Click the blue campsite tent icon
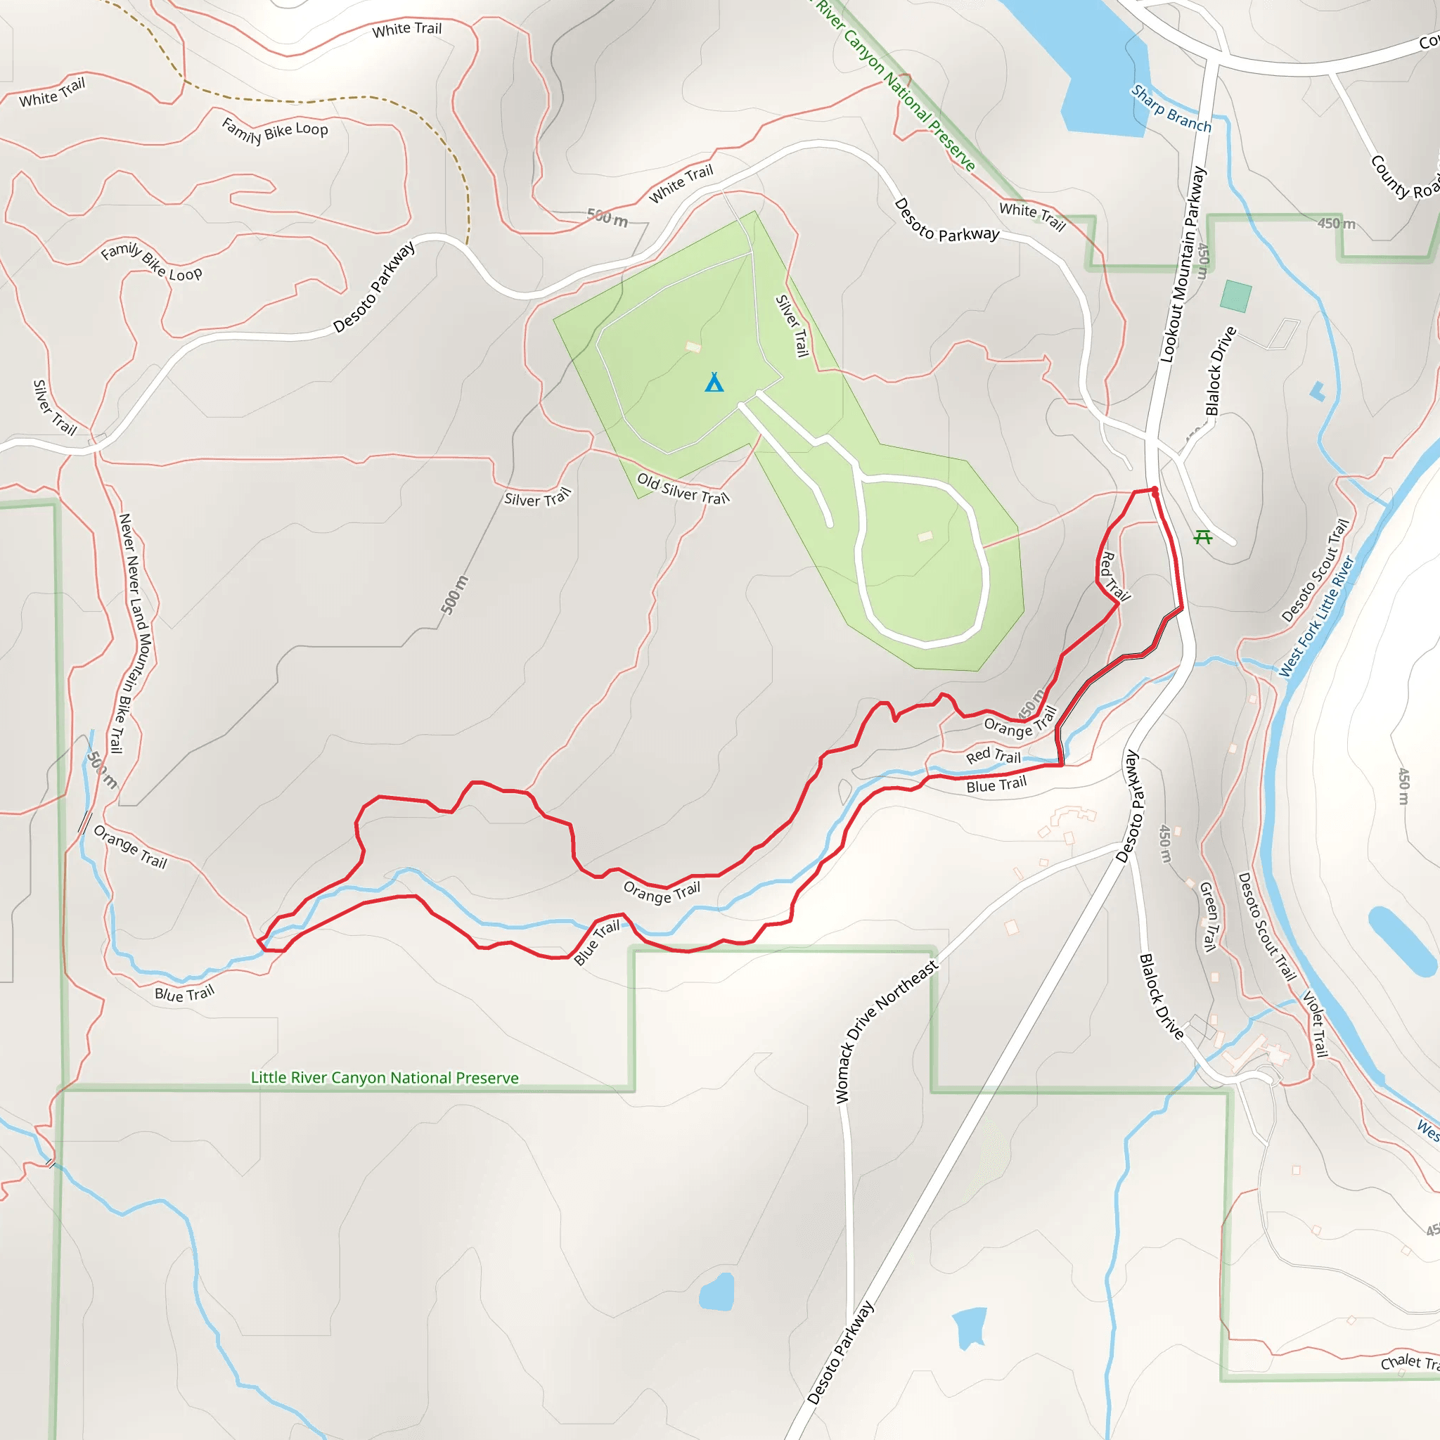pyautogui.click(x=714, y=382)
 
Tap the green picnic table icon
pyautogui.click(x=1202, y=536)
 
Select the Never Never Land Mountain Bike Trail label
pyautogui.click(x=134, y=633)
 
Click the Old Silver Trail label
pyautogui.click(x=683, y=489)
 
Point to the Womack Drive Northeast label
pyautogui.click(x=885, y=1032)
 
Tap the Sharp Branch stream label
pyautogui.click(x=1171, y=109)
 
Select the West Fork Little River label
pyautogui.click(x=1316, y=617)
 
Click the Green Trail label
pyautogui.click(x=1208, y=916)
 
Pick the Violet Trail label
pyautogui.click(x=1316, y=1023)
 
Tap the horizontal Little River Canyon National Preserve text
pyautogui.click(x=385, y=1078)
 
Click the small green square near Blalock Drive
pyautogui.click(x=1236, y=296)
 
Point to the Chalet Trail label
pyautogui.click(x=1408, y=1362)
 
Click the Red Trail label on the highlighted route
pyautogui.click(x=1114, y=576)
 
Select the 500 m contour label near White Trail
pyautogui.click(x=607, y=218)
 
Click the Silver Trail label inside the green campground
pyautogui.click(x=792, y=326)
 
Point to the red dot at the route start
pyautogui.click(x=1155, y=491)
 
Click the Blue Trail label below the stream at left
pyautogui.click(x=184, y=994)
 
